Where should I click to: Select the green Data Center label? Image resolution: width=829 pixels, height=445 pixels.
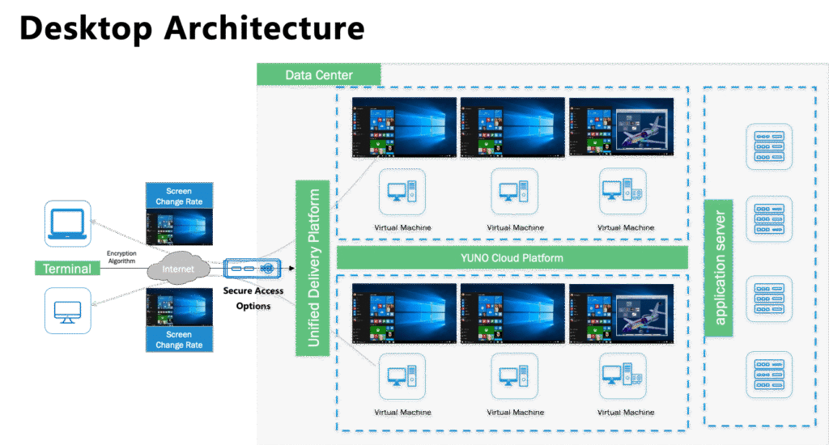click(319, 75)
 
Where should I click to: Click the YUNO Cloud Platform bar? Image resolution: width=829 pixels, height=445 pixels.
click(512, 258)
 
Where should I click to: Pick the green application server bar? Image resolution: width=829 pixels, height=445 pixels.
click(718, 262)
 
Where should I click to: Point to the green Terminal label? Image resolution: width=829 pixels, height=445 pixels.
click(67, 269)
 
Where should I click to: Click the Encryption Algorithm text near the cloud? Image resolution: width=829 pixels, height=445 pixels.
click(124, 256)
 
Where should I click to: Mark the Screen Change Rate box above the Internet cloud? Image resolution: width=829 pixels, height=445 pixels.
click(179, 196)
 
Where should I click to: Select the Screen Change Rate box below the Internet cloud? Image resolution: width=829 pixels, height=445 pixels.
click(179, 339)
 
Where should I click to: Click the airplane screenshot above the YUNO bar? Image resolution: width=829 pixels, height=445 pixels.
click(622, 127)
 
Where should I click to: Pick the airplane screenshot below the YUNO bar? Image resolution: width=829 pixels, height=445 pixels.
click(622, 313)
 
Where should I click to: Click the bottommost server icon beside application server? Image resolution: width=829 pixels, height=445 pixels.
click(768, 374)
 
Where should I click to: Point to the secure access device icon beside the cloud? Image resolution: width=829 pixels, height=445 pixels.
click(253, 268)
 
